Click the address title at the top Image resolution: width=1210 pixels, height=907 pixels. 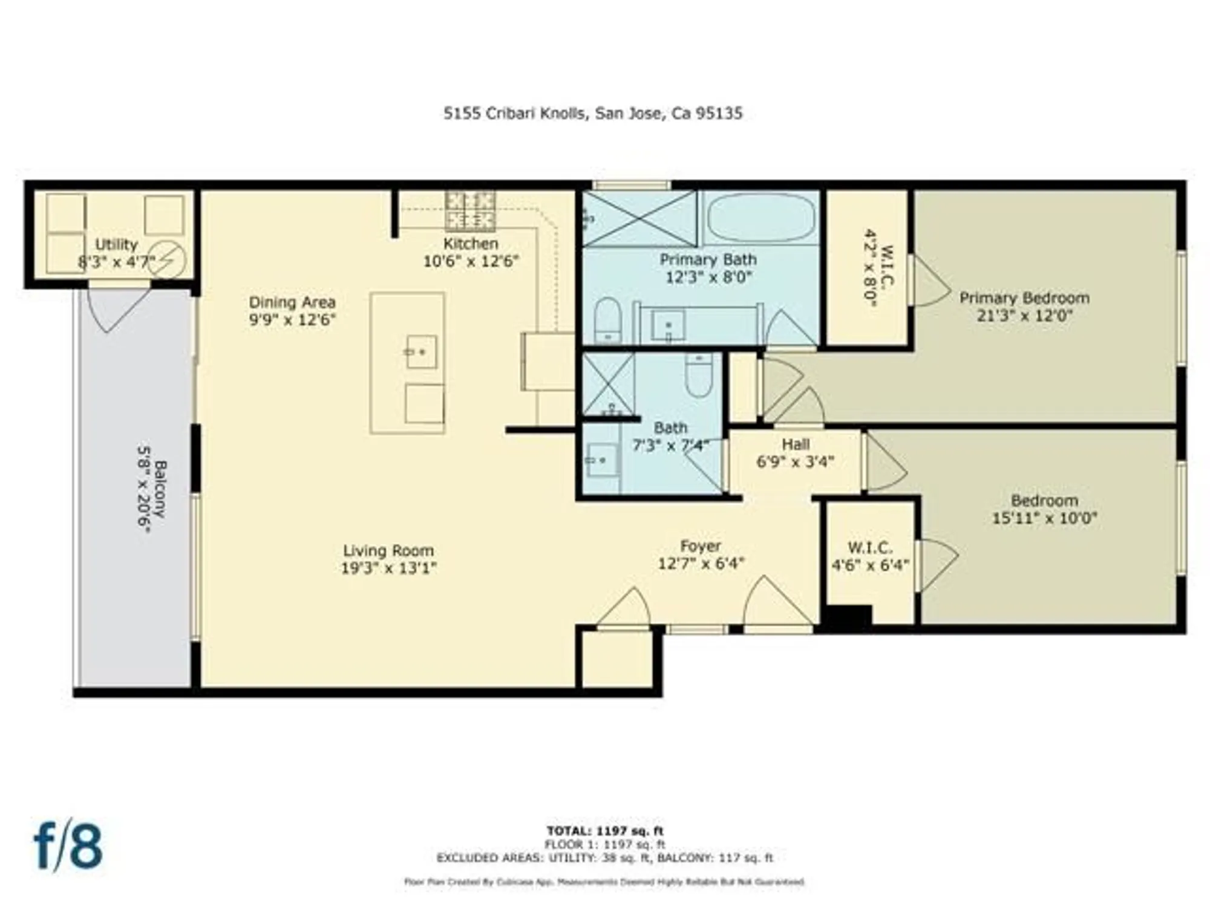pos(593,114)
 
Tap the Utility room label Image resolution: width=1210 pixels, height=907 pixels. pos(116,244)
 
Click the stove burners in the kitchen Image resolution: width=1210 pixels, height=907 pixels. pos(470,211)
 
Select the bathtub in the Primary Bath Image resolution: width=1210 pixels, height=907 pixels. pos(760,218)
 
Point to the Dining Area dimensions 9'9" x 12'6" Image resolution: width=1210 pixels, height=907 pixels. pos(292,320)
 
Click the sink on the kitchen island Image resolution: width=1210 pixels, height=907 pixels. pos(421,352)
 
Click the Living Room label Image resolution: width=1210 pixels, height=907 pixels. pos(388,550)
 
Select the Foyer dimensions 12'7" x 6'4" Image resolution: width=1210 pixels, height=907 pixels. pos(701,564)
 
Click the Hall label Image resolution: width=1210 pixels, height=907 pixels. pos(795,444)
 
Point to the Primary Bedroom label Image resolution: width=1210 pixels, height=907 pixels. pos(1024,297)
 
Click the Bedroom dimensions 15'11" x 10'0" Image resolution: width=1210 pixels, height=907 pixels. pos(1044,518)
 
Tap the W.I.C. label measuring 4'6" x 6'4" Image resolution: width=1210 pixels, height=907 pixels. pos(870,548)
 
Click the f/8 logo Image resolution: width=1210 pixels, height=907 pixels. pos(68,845)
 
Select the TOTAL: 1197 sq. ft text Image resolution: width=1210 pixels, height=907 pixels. pos(605,831)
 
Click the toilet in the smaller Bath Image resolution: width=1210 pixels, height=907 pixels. pos(699,375)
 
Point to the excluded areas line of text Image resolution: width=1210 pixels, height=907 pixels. pos(605,857)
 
